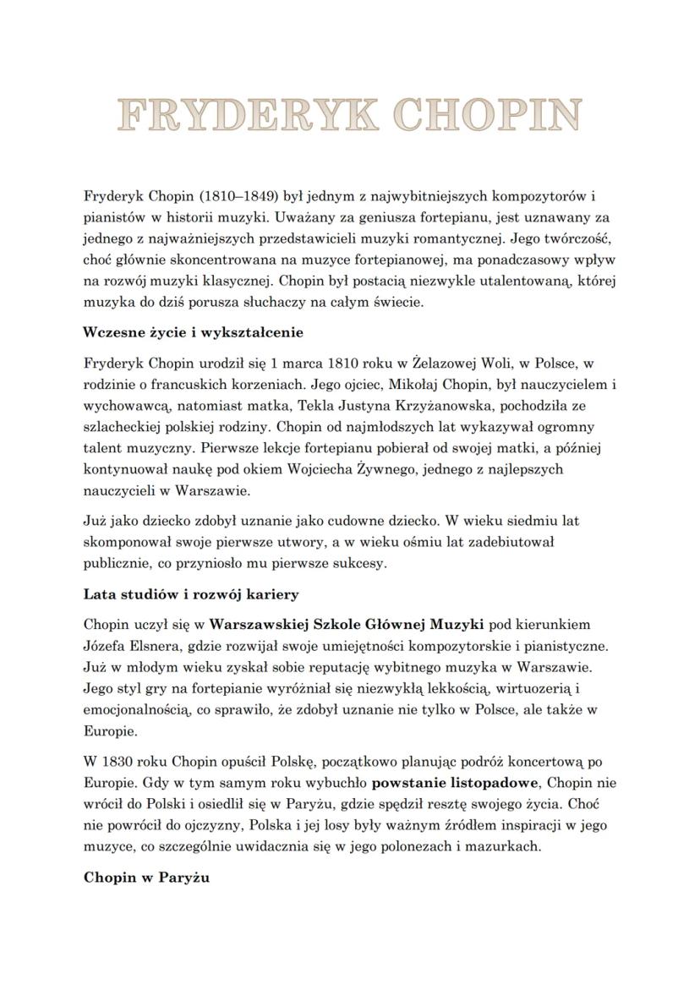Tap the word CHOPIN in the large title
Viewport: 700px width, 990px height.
(486, 115)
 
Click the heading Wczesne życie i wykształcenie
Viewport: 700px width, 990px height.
(194, 332)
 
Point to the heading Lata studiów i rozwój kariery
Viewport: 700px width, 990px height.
(191, 594)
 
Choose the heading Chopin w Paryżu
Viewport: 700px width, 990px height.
(146, 878)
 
